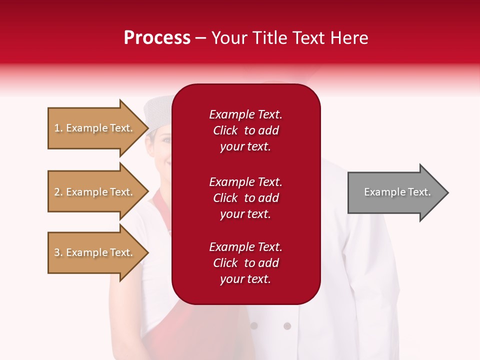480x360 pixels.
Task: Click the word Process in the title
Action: pos(157,38)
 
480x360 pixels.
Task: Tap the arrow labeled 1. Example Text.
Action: pos(95,128)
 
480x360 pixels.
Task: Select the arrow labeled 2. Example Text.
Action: pos(95,192)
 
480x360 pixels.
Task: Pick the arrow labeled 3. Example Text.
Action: pos(95,252)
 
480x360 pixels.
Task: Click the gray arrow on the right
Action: pos(395,192)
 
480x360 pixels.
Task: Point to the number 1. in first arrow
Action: pos(58,128)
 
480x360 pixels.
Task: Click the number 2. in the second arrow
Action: pos(58,192)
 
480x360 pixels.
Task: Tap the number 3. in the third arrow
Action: pos(58,253)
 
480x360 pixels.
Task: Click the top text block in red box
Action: pos(245,130)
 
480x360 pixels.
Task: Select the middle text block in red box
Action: pos(245,198)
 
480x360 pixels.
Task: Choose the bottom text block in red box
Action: pos(245,263)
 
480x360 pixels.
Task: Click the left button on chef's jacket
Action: pos(254,326)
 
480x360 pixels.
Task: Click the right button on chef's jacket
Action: pos(287,326)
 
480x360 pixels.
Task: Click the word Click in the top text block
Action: pos(225,130)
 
